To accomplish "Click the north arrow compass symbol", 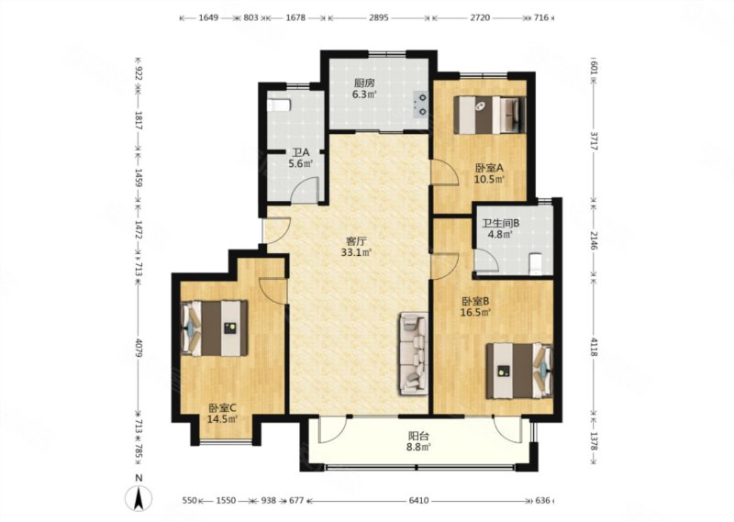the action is [x=139, y=497].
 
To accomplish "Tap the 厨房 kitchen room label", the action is [x=363, y=83].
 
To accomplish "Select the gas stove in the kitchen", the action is [x=420, y=105].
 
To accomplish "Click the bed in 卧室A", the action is [x=490, y=115].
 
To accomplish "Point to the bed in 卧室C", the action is [x=215, y=328].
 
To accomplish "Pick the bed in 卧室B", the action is [x=519, y=371].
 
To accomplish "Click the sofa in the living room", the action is [x=414, y=353].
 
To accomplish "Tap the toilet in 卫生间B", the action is [x=534, y=264].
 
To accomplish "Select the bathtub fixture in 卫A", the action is [x=279, y=104].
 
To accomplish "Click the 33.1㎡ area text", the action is [x=356, y=253].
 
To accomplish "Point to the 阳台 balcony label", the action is [x=418, y=436].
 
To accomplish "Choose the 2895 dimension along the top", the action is [x=378, y=17].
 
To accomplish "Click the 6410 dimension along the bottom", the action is [x=418, y=501].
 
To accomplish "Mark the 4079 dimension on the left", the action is [x=139, y=348].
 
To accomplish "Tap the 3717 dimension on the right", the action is [x=594, y=140].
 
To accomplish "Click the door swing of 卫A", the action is [x=305, y=190].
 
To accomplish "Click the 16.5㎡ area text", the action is [x=476, y=313].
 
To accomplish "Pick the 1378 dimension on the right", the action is [x=594, y=440].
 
